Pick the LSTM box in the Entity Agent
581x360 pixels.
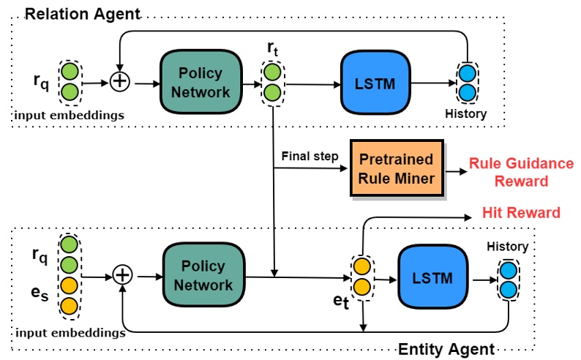click(x=432, y=278)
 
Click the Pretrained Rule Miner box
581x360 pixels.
click(x=397, y=169)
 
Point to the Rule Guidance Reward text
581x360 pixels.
click(x=521, y=172)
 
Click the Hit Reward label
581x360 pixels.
click(x=521, y=213)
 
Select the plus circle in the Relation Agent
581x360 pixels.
click(x=119, y=83)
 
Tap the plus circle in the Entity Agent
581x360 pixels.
click(x=123, y=275)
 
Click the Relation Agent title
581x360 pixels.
click(x=82, y=13)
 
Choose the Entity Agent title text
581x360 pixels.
click(x=446, y=349)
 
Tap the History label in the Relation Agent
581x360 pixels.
click(x=465, y=114)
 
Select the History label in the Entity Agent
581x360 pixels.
click(x=507, y=247)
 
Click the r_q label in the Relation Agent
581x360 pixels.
click(x=42, y=81)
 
